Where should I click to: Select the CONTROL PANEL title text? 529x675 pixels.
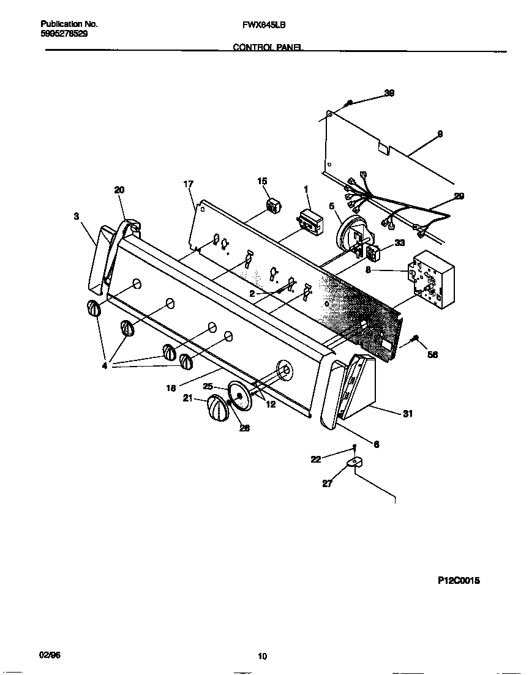pyautogui.click(x=268, y=47)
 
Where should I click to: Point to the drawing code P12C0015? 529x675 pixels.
pyautogui.click(x=459, y=581)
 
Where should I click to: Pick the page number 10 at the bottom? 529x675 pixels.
pyautogui.click(x=262, y=657)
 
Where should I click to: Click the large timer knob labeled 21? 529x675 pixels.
pyautogui.click(x=215, y=408)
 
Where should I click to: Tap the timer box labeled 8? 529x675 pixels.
pyautogui.click(x=433, y=279)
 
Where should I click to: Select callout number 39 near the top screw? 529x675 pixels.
pyautogui.click(x=389, y=93)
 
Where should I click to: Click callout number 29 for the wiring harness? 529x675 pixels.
pyautogui.click(x=459, y=196)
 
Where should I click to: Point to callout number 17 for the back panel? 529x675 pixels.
pyautogui.click(x=188, y=184)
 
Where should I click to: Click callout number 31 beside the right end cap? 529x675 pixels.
pyautogui.click(x=407, y=414)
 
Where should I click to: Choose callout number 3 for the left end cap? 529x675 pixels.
pyautogui.click(x=76, y=215)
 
